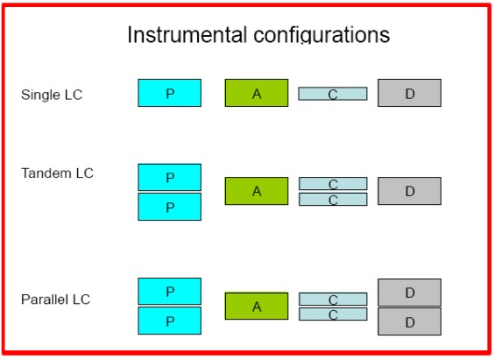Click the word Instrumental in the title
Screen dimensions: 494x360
[x=187, y=34]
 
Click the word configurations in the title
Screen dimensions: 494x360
[x=321, y=35]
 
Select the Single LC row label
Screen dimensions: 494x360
[x=52, y=95]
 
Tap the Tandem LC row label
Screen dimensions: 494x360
[x=57, y=173]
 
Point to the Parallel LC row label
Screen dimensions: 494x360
[x=56, y=300]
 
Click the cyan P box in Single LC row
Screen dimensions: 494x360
[x=170, y=93]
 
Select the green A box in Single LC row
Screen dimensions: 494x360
[x=257, y=93]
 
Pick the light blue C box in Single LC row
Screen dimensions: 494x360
[x=333, y=94]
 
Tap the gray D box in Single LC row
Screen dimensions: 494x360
[x=410, y=93]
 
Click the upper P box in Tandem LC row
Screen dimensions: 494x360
[x=170, y=177]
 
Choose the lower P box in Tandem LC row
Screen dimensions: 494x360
[x=170, y=207]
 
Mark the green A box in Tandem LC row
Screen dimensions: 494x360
[x=257, y=191]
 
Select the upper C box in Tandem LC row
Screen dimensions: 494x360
[x=333, y=184]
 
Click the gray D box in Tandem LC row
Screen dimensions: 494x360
[x=410, y=191]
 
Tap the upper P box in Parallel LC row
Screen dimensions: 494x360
[x=170, y=292]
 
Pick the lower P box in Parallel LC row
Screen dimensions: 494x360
[x=170, y=321]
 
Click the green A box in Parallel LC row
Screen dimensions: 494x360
[x=257, y=307]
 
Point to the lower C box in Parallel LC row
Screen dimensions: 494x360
[x=333, y=314]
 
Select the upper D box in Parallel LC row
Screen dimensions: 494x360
[x=410, y=293]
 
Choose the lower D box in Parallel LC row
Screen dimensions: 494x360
[x=410, y=321]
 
